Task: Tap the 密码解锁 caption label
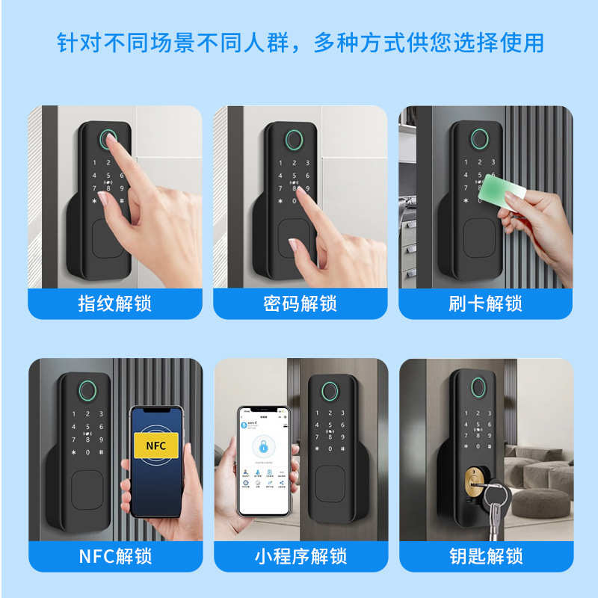(300, 304)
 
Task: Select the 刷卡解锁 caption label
(485, 304)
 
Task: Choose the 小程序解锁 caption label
(300, 557)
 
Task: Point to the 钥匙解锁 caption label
(485, 557)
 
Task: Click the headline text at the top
(300, 43)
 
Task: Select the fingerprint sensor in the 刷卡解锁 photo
(475, 140)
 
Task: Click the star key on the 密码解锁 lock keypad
(280, 200)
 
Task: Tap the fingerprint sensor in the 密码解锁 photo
(292, 140)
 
